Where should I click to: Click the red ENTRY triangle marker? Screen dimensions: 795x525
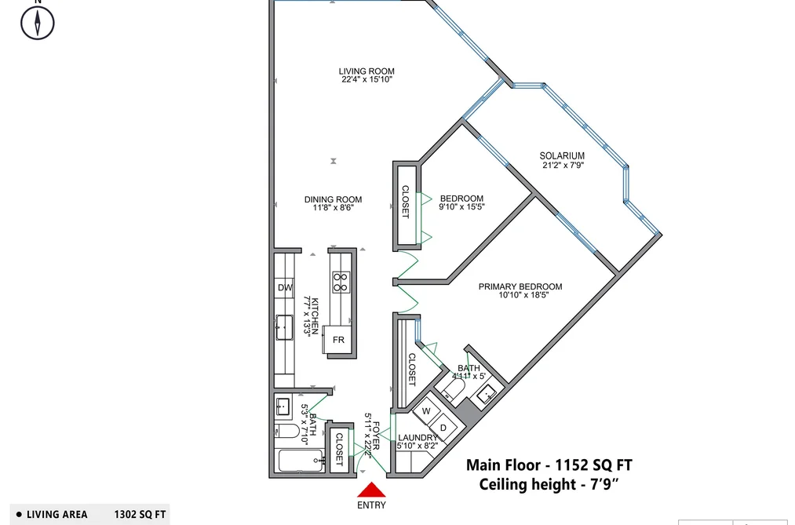tap(372, 490)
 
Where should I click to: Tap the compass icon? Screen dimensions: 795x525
tap(38, 23)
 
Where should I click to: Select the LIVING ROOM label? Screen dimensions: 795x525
tap(367, 71)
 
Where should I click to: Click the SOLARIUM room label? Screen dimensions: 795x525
tap(562, 156)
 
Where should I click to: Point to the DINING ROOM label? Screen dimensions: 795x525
tap(333, 199)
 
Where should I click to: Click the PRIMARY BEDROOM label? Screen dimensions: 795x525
tap(520, 286)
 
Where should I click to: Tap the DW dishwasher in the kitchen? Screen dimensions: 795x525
tap(284, 288)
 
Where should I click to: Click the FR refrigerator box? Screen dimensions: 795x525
tap(338, 340)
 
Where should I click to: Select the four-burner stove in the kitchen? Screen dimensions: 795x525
tap(341, 283)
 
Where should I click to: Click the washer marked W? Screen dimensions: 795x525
tap(426, 411)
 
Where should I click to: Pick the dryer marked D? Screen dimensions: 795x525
tap(443, 427)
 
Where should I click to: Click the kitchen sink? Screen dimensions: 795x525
tap(284, 327)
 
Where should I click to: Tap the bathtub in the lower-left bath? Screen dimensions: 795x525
tap(301, 461)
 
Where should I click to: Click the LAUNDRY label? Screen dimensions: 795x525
tap(418, 438)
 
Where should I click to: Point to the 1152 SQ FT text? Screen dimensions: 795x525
tap(594, 465)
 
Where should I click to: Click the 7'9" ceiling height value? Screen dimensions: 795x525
tap(604, 484)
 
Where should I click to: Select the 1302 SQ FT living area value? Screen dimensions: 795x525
tap(140, 514)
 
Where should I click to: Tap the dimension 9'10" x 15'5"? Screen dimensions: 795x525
tap(462, 206)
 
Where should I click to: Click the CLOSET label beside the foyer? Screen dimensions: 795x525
tap(339, 450)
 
